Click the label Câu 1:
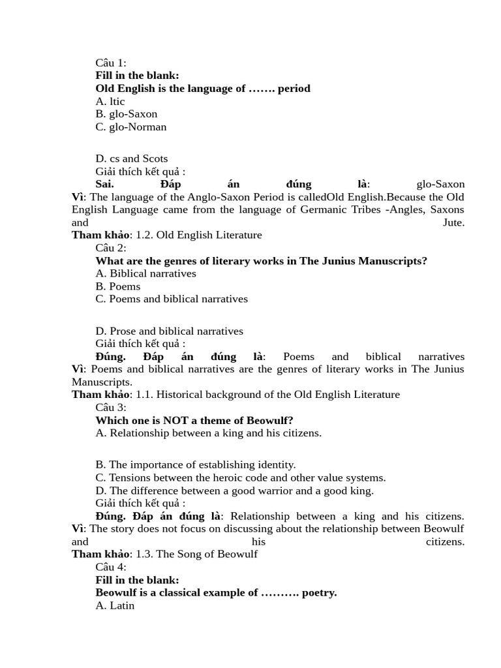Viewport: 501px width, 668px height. coord(111,63)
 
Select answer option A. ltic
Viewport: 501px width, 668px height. coord(110,101)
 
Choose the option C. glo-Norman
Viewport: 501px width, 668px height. coord(131,127)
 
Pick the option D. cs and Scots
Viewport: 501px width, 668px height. coord(132,159)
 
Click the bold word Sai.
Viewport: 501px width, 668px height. coord(104,184)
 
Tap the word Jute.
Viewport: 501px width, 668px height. coord(453,222)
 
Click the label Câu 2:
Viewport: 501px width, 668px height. coord(111,248)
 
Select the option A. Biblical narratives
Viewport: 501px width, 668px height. coord(145,273)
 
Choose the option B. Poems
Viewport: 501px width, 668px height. coord(118,286)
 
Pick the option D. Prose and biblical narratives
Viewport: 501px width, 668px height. coord(170,331)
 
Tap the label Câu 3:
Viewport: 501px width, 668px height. coord(111,407)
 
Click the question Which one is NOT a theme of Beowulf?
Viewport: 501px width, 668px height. coord(194,420)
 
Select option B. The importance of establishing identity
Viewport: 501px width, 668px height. coord(196,464)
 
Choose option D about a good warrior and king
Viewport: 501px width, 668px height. coord(235,491)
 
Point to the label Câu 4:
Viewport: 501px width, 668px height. coord(111,567)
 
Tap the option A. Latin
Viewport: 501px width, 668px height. coord(115,605)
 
